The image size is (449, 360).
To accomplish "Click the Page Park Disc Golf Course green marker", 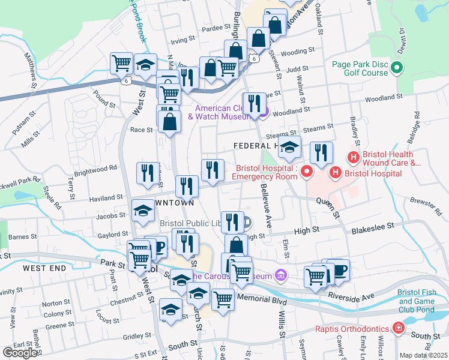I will [396, 69].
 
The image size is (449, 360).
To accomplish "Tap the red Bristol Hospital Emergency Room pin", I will [307, 173].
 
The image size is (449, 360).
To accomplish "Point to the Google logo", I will [20, 352].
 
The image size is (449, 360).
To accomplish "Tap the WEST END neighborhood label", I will [44, 268].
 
